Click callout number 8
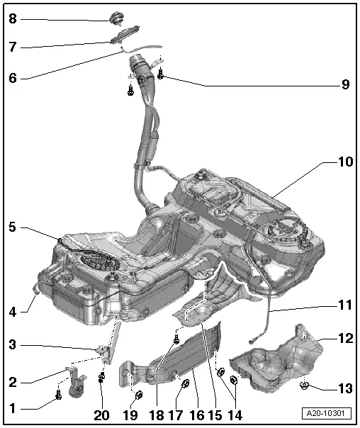(12, 19)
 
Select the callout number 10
(345, 162)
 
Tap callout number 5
(12, 228)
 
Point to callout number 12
(345, 339)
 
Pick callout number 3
(12, 345)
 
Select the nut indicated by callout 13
(305, 386)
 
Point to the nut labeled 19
(139, 395)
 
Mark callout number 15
(215, 415)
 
